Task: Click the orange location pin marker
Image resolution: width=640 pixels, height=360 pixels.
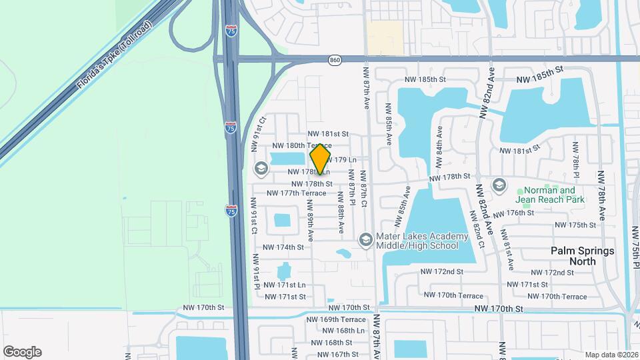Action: click(x=321, y=159)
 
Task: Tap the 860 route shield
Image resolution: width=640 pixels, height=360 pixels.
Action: click(x=335, y=61)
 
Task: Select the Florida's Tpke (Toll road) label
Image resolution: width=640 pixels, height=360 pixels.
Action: click(x=114, y=56)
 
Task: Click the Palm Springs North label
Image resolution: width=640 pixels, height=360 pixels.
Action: click(x=583, y=255)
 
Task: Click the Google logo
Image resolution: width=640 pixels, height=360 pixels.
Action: click(x=22, y=351)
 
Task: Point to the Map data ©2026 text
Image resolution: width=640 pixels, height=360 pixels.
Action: click(x=611, y=355)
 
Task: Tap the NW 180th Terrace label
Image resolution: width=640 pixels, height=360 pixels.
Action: click(x=301, y=145)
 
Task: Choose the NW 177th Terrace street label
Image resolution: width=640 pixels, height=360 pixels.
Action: click(x=297, y=193)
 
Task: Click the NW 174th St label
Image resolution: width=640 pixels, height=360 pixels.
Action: click(x=283, y=247)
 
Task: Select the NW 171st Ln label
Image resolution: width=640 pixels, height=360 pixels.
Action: click(x=285, y=285)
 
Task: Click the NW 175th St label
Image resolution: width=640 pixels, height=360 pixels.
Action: click(x=577, y=225)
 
